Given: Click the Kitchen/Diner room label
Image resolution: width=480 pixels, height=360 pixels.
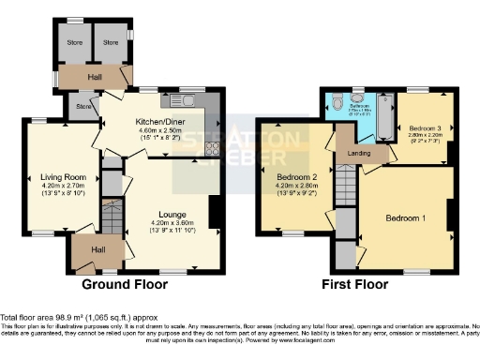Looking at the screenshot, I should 159,121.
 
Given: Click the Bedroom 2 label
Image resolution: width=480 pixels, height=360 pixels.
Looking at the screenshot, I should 299,177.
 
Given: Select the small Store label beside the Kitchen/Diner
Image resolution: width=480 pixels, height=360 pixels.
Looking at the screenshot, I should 83,107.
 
